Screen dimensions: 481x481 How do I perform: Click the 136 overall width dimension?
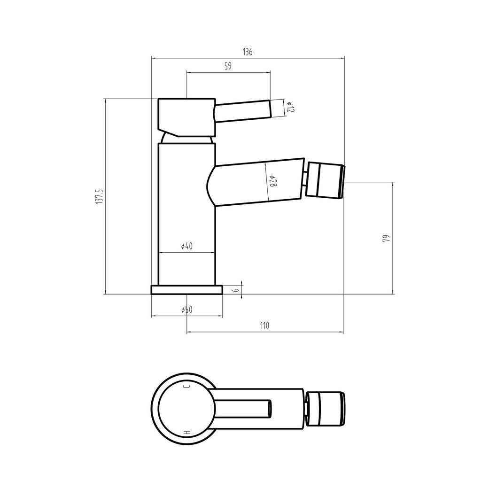[248, 52]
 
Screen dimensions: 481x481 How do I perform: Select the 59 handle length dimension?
[228, 67]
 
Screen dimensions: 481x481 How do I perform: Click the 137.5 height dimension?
[99, 196]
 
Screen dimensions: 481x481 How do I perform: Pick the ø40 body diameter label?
[186, 246]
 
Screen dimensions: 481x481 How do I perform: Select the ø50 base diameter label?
[186, 310]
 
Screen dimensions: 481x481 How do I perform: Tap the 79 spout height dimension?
[387, 238]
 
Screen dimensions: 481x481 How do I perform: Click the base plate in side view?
[186, 289]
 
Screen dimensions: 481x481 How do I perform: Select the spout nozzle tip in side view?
[325, 180]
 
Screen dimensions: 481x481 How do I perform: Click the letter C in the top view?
[186, 387]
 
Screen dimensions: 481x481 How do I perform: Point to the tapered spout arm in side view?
[258, 182]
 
